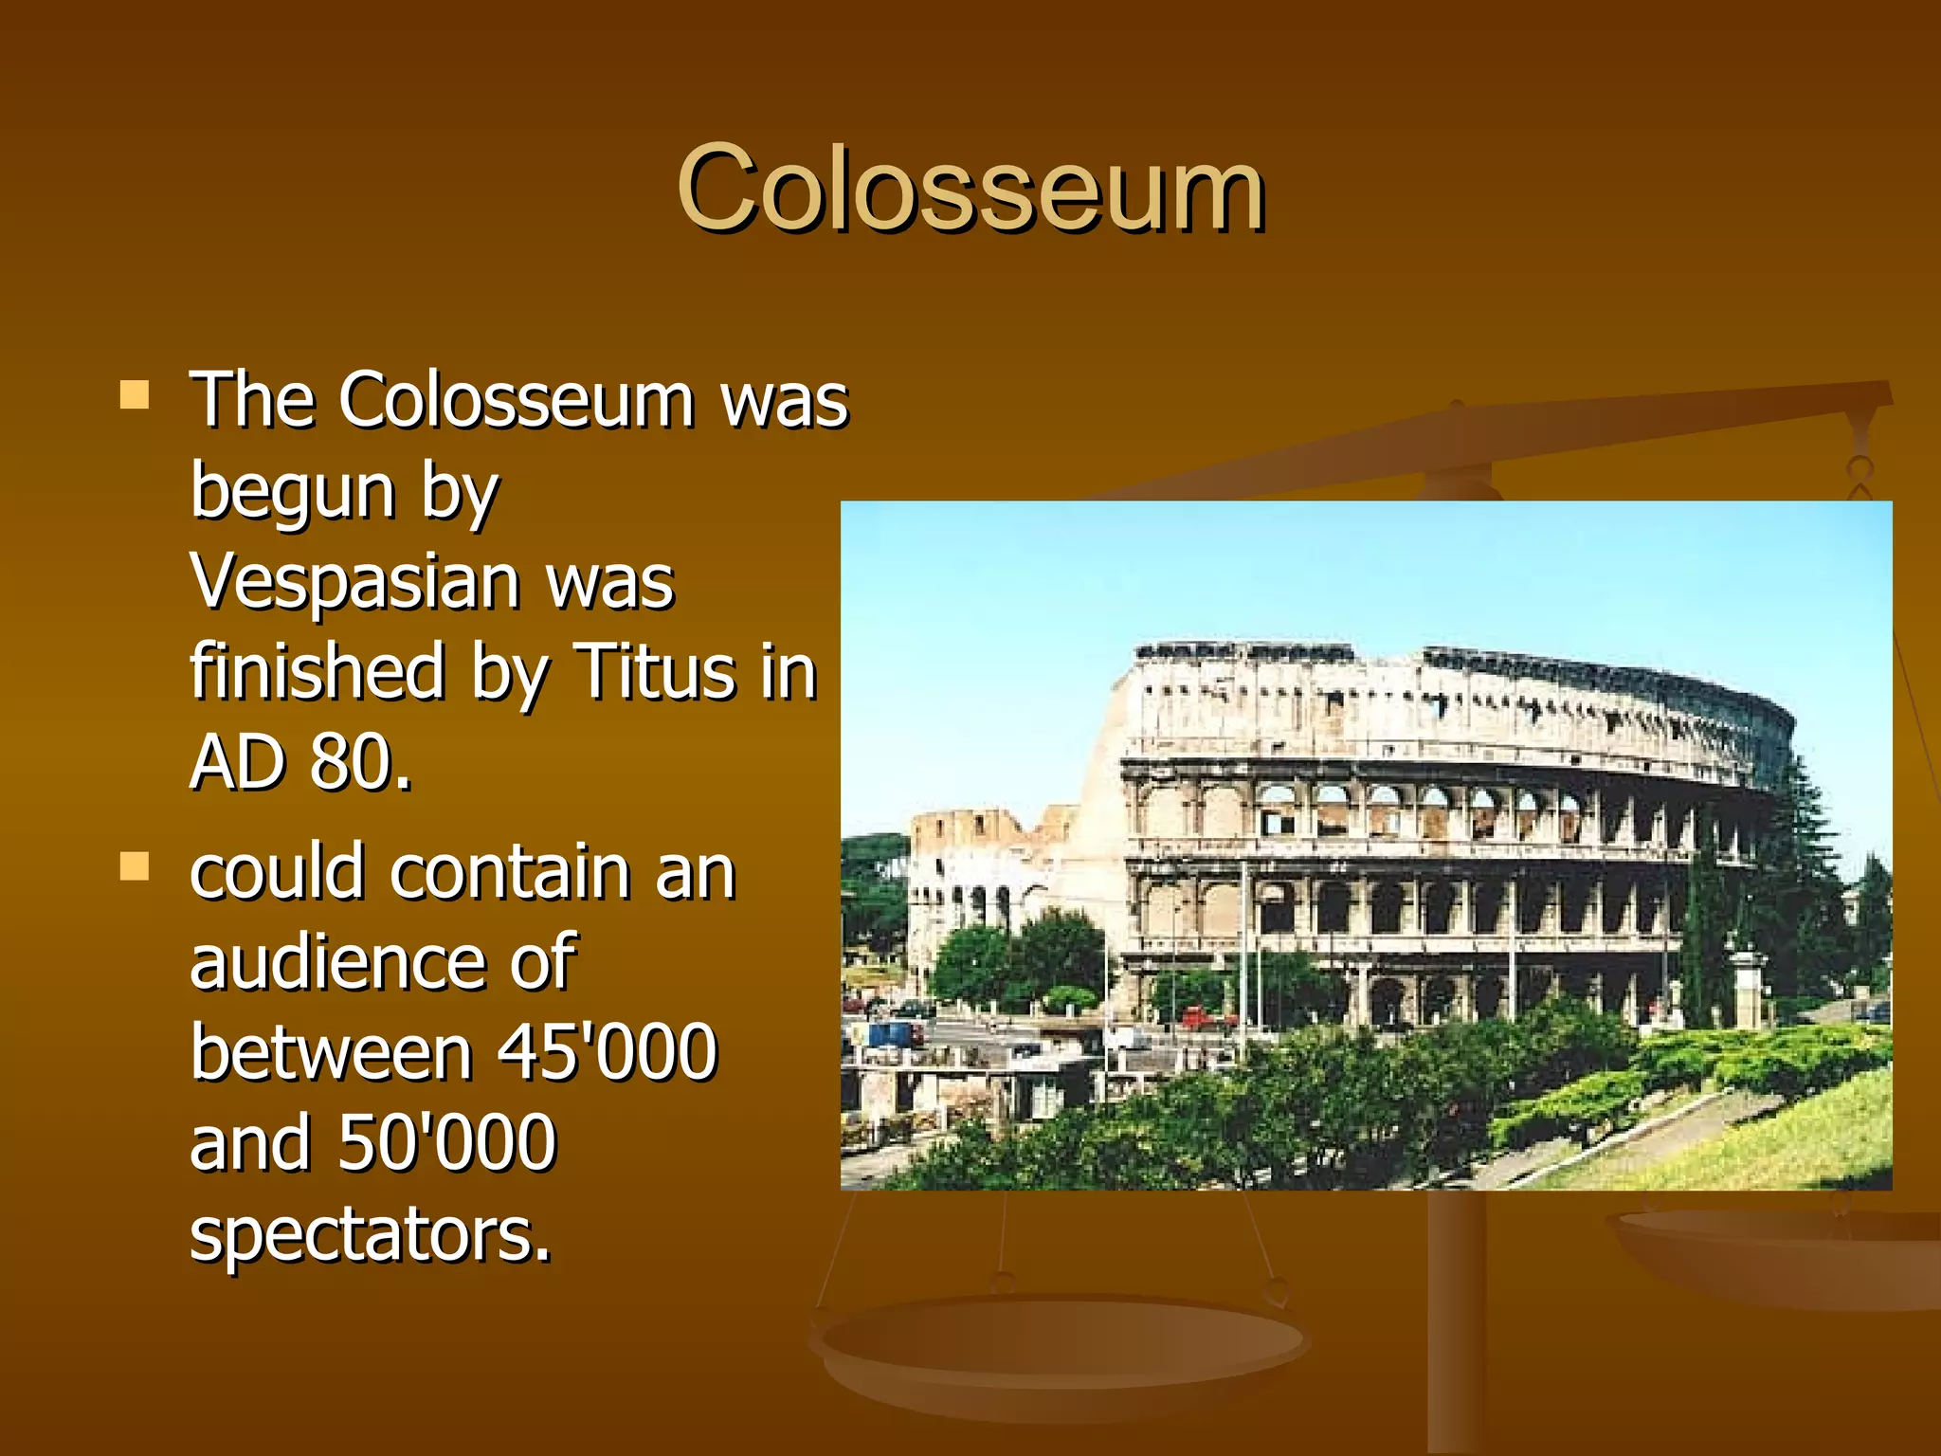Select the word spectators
(x=370, y=1233)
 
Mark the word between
(x=331, y=1051)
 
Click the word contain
(x=510, y=871)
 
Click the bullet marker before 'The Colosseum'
(x=135, y=394)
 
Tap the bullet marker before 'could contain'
(x=135, y=866)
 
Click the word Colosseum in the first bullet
(x=517, y=400)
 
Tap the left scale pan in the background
(x=1057, y=1346)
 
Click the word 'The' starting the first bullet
(x=252, y=400)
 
